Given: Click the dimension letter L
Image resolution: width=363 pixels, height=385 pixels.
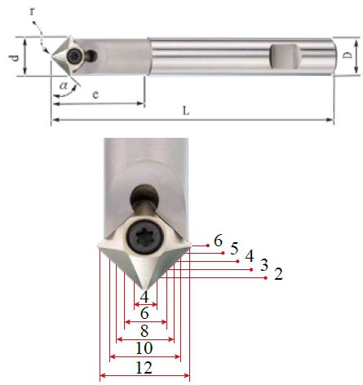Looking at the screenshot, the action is tap(186, 111).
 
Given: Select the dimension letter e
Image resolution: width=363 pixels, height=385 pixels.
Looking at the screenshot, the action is tap(95, 95).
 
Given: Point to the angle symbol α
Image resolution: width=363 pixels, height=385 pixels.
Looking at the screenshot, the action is tap(64, 86).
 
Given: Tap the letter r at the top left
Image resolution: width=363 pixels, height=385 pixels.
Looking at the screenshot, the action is tap(33, 11).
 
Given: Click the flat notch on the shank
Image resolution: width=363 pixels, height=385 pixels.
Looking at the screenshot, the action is tap(284, 56).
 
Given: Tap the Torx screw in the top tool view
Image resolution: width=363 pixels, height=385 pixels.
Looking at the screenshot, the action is tap(74, 56).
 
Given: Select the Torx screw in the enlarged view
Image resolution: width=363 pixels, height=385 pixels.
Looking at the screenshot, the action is tap(146, 238).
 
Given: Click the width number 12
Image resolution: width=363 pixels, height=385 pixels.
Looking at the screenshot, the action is tap(144, 368).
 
